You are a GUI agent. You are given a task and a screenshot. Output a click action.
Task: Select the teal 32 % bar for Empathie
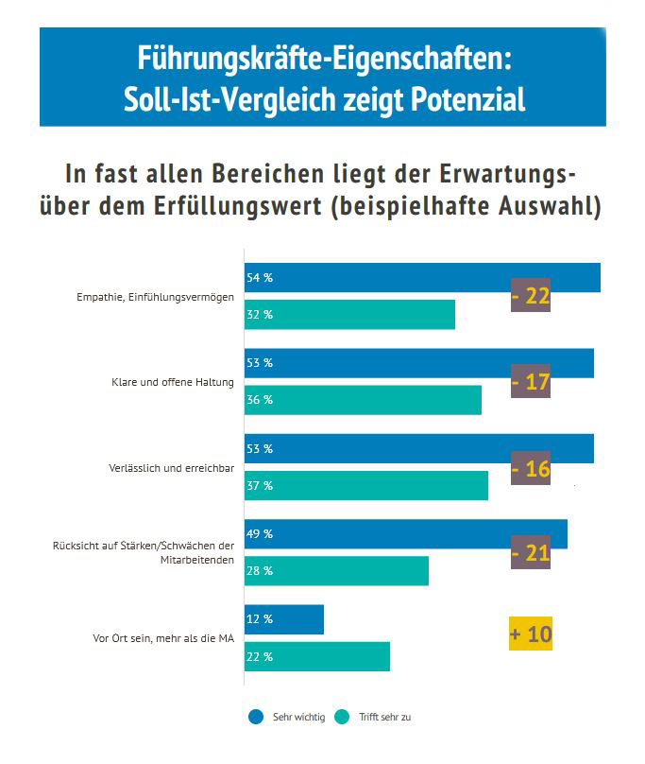point(349,315)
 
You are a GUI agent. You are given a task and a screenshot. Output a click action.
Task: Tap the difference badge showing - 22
point(530,296)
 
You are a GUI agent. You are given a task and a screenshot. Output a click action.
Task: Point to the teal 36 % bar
point(363,400)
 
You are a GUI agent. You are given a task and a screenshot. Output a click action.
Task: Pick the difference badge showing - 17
point(530,383)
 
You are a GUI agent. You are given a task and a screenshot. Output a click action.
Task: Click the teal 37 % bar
point(366,485)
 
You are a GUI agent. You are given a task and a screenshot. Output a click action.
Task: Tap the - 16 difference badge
point(530,469)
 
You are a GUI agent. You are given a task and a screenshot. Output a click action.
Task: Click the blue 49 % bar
point(406,533)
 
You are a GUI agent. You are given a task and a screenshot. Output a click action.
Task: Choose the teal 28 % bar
point(336,571)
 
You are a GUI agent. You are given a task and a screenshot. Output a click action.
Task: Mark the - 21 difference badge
point(530,553)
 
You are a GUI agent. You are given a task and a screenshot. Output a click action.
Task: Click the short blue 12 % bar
point(284,619)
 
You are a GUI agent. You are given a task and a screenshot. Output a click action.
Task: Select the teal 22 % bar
point(317,656)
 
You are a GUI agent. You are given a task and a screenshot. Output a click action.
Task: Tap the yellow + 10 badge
point(530,634)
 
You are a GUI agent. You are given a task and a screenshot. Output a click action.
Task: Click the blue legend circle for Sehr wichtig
point(256,717)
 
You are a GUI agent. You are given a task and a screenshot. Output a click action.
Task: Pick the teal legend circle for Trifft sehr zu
point(344,717)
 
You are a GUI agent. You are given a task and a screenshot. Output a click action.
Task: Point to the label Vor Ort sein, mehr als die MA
point(155,638)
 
